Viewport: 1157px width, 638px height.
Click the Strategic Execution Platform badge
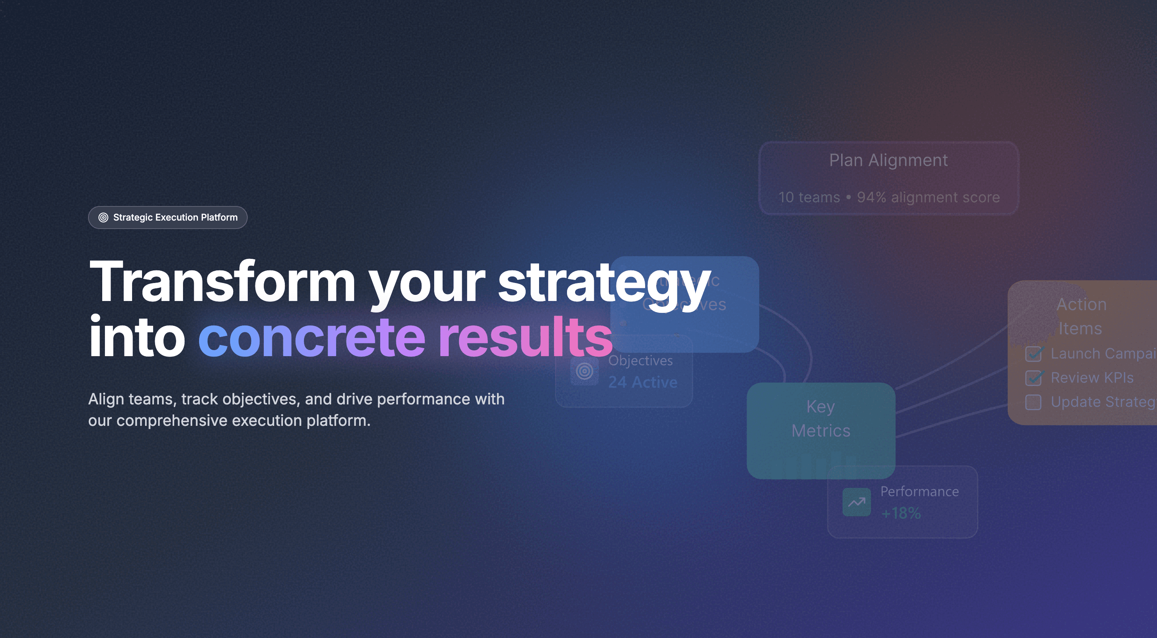pos(168,218)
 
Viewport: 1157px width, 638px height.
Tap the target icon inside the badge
pos(103,218)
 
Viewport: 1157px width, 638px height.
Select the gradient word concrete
pos(312,337)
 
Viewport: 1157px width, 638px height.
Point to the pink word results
pos(525,337)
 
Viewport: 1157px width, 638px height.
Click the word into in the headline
pos(137,337)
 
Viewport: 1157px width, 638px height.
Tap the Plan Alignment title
pos(888,160)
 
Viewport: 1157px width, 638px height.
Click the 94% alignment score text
pos(928,197)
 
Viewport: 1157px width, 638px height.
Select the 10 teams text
pos(809,197)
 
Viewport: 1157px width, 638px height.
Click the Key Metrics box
pos(820,430)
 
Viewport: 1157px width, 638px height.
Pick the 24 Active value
pos(643,382)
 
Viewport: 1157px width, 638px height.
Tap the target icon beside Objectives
pos(584,371)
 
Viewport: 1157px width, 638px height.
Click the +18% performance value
pos(901,513)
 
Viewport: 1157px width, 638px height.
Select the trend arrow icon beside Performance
pos(856,502)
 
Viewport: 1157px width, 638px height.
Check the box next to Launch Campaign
pos(1033,354)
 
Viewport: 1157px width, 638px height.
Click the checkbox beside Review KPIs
pos(1033,378)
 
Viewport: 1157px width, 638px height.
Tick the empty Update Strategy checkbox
pos(1033,402)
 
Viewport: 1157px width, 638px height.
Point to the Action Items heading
pos(1081,316)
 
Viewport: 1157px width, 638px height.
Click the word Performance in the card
pos(919,492)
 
